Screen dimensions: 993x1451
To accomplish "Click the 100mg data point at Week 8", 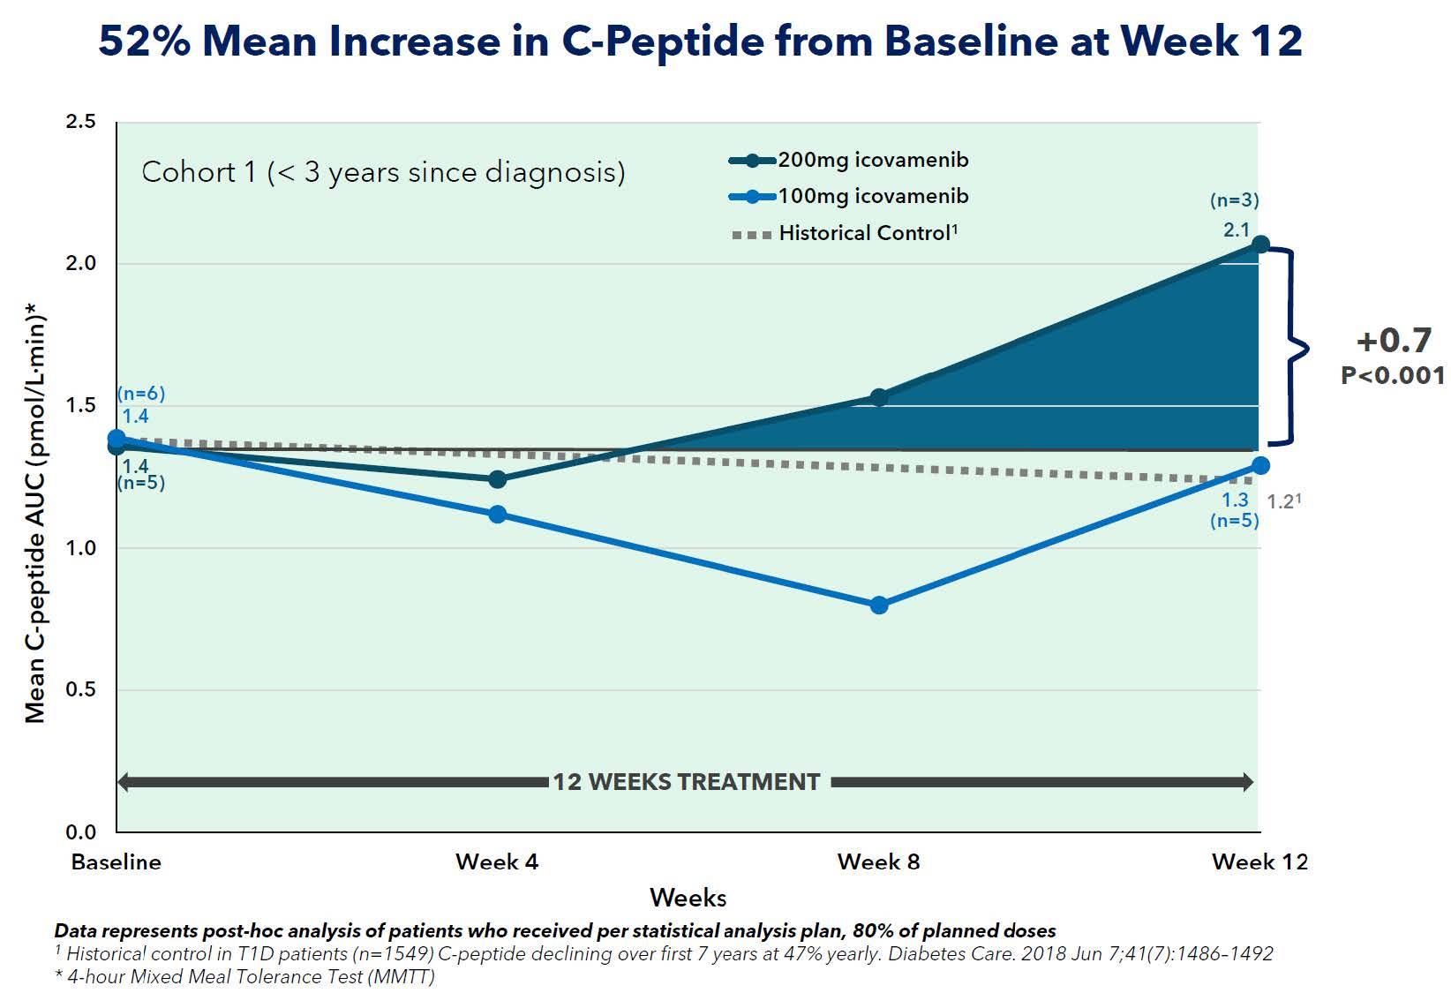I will (x=879, y=605).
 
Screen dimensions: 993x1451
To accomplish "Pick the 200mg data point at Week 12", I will (x=1260, y=244).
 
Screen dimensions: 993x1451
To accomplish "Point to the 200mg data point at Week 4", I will (x=497, y=479).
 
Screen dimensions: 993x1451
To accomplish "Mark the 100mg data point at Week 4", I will (x=497, y=514).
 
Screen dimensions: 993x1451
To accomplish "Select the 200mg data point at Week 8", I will (x=879, y=397).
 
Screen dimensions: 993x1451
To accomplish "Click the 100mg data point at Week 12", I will (x=1260, y=465).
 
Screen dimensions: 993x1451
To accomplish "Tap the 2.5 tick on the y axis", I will (x=81, y=122).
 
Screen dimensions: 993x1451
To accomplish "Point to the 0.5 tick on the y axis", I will (x=81, y=689).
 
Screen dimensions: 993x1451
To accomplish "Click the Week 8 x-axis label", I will (x=879, y=861).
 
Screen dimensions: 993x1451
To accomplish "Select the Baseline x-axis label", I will (x=117, y=861).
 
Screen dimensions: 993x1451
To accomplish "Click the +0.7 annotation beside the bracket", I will (x=1394, y=341).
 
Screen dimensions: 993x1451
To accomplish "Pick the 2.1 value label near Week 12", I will (x=1237, y=230).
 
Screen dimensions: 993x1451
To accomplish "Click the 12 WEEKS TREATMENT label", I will (x=686, y=782).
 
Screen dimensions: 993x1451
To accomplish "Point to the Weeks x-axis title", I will (x=688, y=899).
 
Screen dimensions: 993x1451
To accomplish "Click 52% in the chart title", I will (x=144, y=41).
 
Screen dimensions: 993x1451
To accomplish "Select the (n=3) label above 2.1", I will (x=1234, y=201).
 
